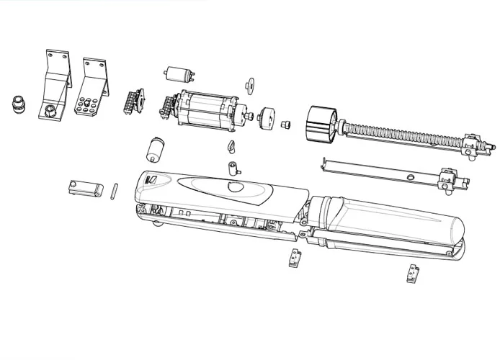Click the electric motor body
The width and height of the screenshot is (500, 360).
(208, 112)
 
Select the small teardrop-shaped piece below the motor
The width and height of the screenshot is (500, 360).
(231, 147)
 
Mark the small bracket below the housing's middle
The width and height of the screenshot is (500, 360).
(294, 256)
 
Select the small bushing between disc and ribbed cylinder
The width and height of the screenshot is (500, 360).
(285, 124)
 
